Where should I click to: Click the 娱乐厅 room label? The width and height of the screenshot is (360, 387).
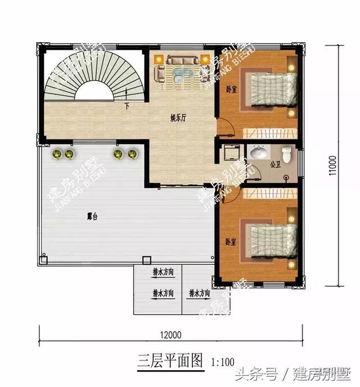point(179,118)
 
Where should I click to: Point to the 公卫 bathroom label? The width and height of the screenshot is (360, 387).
point(274,165)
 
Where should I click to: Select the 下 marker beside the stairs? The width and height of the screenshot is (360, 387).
point(127,106)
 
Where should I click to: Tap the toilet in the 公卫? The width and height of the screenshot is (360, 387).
point(287,154)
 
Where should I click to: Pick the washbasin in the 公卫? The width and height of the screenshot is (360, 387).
point(259,152)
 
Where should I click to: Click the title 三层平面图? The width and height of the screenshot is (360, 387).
point(169,361)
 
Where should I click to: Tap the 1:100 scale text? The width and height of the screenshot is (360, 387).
point(222,362)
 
